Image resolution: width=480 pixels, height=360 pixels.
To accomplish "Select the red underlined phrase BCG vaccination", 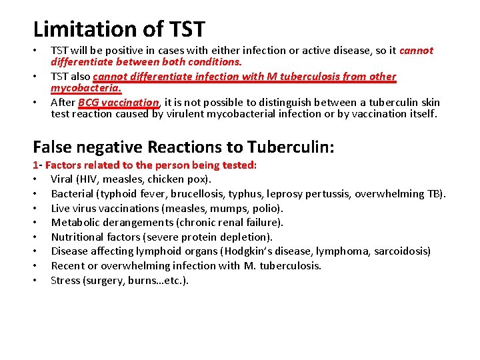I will (119, 103).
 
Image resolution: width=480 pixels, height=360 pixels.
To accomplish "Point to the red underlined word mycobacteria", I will (86, 88).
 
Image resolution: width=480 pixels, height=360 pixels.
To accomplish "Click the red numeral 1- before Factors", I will (37, 165).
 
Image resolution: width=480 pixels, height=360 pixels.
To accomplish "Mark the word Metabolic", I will (75, 223).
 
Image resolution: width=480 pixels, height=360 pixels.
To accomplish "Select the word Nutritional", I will (78, 237).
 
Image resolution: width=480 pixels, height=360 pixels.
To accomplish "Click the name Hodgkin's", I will (255, 251).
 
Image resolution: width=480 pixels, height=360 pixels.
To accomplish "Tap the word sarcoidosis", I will (401, 251).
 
